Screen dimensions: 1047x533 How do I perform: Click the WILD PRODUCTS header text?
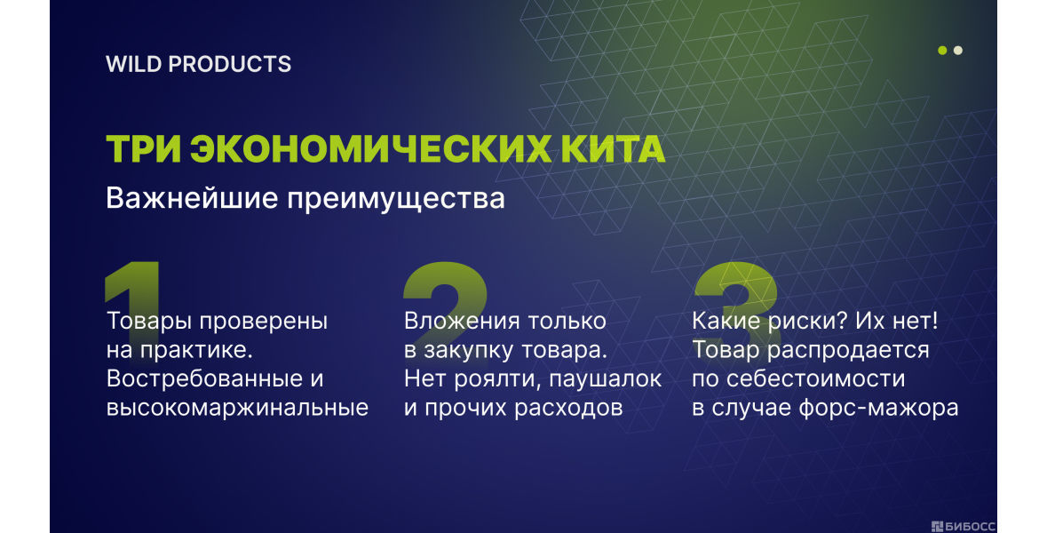(x=198, y=64)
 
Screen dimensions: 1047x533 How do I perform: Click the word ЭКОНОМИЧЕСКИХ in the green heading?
(x=371, y=149)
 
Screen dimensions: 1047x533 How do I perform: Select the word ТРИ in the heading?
(x=144, y=149)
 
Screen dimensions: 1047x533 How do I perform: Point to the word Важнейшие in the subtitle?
(x=193, y=198)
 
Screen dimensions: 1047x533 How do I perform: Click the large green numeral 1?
(x=133, y=294)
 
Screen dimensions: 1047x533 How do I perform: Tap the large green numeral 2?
(x=445, y=295)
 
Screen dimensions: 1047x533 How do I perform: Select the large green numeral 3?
(x=736, y=295)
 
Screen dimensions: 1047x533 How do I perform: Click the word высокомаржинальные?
(x=238, y=408)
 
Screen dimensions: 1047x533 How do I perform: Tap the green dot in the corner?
(x=942, y=50)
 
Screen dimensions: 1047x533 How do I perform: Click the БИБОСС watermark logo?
(x=963, y=526)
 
